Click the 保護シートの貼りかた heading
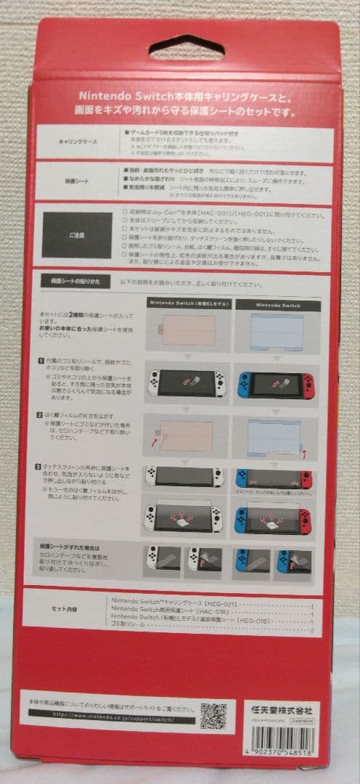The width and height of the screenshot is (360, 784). [71, 279]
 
